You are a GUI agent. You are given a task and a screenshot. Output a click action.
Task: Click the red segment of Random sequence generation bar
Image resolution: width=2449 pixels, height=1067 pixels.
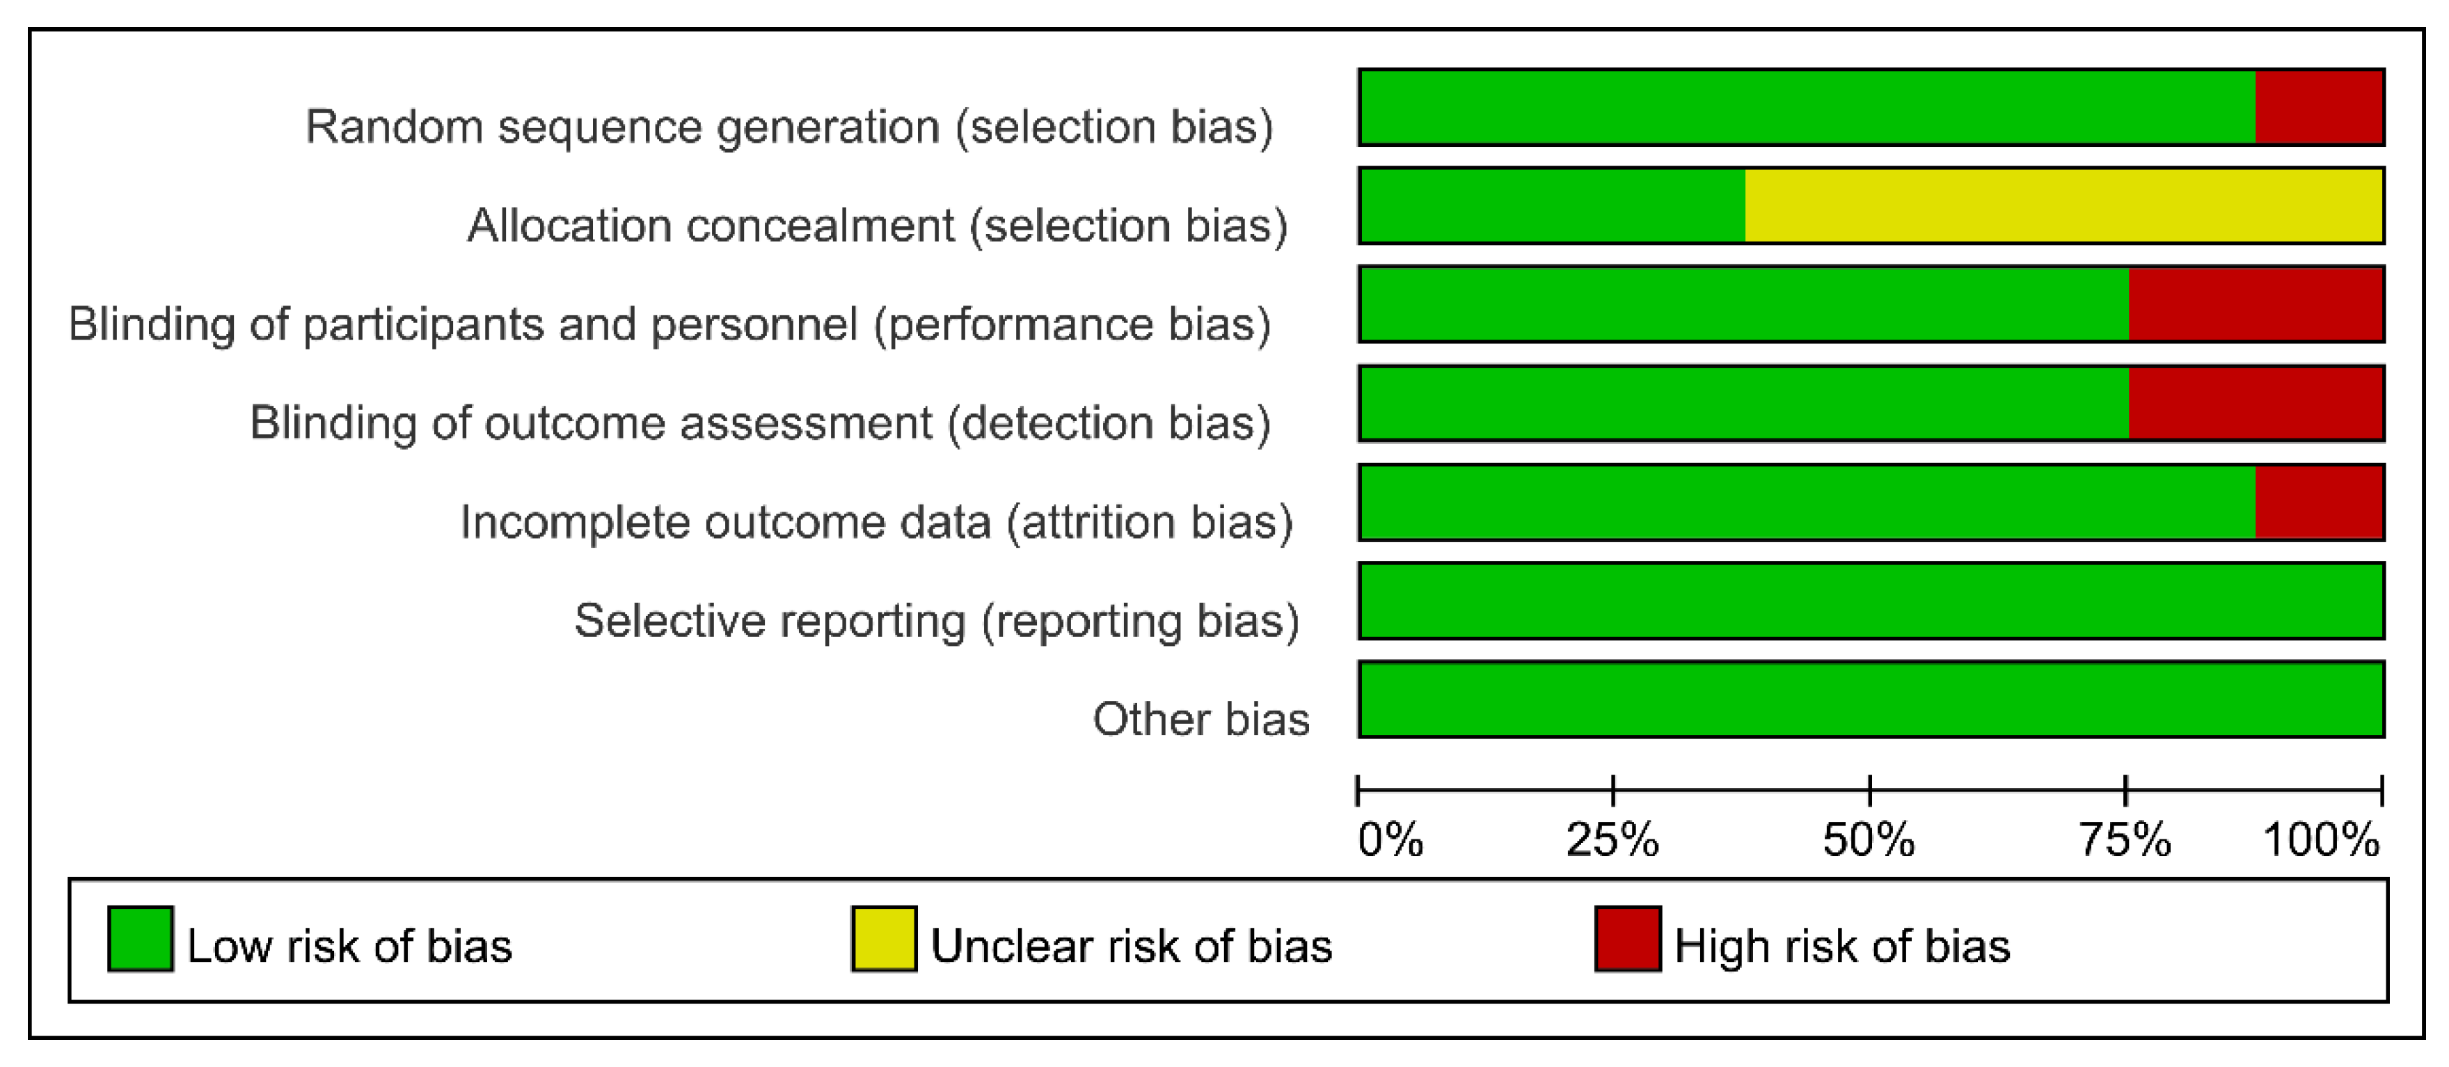pyautogui.click(x=2319, y=107)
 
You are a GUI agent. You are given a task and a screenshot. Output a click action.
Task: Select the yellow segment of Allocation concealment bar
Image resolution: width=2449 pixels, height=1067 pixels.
pyautogui.click(x=2064, y=205)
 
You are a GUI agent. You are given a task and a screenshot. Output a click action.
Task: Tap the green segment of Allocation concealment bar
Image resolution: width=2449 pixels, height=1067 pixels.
pyautogui.click(x=1553, y=205)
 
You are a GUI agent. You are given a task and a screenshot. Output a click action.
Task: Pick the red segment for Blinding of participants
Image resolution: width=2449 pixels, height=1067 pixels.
pyautogui.click(x=2256, y=304)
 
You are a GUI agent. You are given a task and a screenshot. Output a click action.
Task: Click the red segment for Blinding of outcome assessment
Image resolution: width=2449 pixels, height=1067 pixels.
pyautogui.click(x=2256, y=403)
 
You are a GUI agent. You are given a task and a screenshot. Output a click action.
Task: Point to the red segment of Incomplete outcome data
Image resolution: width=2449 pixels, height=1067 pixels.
pyautogui.click(x=2319, y=502)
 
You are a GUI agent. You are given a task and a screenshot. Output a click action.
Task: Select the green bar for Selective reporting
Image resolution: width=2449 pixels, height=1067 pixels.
pyautogui.click(x=1872, y=601)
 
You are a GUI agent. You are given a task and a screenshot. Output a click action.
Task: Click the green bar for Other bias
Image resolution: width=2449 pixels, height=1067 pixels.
pyautogui.click(x=1872, y=699)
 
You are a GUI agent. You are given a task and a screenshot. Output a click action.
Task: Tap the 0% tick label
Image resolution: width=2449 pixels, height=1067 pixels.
pyautogui.click(x=1390, y=839)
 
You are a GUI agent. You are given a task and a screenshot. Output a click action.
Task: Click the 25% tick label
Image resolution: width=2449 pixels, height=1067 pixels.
pyautogui.click(x=1612, y=839)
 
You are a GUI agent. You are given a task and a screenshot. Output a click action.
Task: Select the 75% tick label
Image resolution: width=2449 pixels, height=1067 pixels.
pyautogui.click(x=2125, y=839)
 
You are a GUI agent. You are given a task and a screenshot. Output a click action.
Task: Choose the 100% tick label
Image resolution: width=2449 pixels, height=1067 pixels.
pyautogui.click(x=2322, y=839)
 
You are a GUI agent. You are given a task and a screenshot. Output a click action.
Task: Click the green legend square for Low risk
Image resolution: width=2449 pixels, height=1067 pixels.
pyautogui.click(x=141, y=939)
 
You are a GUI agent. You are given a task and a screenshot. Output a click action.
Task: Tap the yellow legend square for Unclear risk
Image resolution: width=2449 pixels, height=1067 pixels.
pyautogui.click(x=884, y=939)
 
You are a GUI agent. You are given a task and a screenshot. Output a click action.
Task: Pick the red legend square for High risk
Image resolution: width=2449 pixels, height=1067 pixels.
pyautogui.click(x=1628, y=939)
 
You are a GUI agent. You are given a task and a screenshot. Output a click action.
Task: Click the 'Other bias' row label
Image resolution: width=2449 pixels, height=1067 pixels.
pyautogui.click(x=1200, y=719)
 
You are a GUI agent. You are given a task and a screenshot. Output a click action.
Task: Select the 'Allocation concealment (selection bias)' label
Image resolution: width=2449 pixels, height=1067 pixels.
pyautogui.click(x=878, y=226)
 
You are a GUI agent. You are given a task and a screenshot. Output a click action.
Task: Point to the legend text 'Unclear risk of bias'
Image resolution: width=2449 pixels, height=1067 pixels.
pyautogui.click(x=1132, y=946)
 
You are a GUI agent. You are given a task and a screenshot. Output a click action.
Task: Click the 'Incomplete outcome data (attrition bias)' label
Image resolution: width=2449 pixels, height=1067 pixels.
pyautogui.click(x=877, y=523)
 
